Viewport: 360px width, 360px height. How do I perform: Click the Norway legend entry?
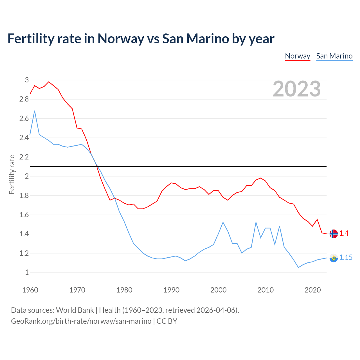click(x=298, y=56)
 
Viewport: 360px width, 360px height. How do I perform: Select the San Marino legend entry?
click(x=334, y=56)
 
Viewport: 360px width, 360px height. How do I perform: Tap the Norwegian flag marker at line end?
click(x=334, y=234)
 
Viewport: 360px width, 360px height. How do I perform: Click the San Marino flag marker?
click(x=334, y=258)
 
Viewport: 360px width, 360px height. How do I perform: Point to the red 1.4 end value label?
click(x=344, y=233)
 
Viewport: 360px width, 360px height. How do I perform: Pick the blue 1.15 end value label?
click(x=346, y=257)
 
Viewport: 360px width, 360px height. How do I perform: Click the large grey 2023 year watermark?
click(x=297, y=89)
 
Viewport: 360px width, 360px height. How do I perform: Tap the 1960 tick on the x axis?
click(x=30, y=290)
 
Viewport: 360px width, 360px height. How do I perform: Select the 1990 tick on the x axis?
click(x=171, y=290)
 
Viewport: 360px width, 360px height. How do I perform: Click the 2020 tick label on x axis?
click(x=312, y=290)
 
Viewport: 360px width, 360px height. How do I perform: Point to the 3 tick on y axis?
click(x=27, y=80)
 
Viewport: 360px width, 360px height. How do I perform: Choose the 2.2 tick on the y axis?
click(x=24, y=157)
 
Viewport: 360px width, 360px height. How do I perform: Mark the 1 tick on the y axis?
click(x=27, y=272)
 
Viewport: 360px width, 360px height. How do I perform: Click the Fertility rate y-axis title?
click(x=12, y=174)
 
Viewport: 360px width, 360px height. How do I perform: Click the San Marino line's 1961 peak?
click(x=35, y=111)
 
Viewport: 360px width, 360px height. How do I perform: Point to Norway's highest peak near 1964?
click(x=49, y=82)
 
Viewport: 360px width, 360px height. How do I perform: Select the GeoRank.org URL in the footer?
click(x=81, y=321)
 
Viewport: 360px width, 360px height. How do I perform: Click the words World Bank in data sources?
click(x=75, y=310)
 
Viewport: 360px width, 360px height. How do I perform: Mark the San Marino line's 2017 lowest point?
click(x=298, y=267)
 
